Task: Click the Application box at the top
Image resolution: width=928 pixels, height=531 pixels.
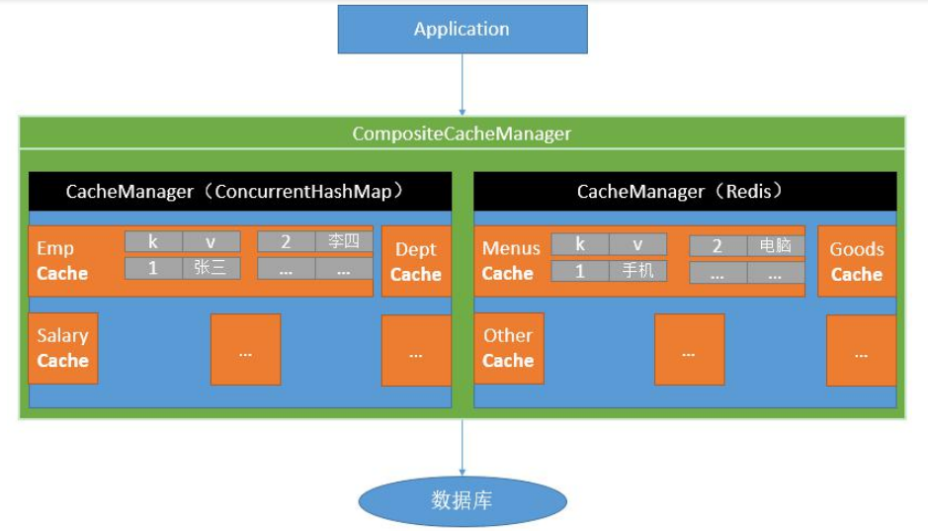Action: [x=462, y=30]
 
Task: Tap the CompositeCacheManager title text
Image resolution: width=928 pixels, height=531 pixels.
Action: [x=462, y=133]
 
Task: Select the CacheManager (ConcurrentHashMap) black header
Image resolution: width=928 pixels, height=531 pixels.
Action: [x=240, y=192]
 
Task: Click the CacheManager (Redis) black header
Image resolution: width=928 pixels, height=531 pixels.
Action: [x=685, y=192]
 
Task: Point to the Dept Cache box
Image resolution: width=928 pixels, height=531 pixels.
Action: [x=416, y=262]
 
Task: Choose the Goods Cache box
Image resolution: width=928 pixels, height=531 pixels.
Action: [x=857, y=262]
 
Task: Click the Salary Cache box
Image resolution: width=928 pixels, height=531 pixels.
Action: [x=63, y=348]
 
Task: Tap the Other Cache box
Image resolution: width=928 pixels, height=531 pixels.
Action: [x=508, y=348]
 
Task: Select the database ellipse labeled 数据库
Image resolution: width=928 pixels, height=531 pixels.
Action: [x=462, y=500]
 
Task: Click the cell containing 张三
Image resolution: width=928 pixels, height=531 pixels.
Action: [x=211, y=268]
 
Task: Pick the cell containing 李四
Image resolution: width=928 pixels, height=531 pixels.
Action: [x=344, y=242]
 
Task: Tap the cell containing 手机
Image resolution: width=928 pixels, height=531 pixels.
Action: [x=637, y=270]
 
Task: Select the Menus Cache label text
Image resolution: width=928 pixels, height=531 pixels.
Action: [x=510, y=261]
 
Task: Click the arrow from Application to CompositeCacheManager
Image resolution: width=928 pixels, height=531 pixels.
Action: [x=462, y=84]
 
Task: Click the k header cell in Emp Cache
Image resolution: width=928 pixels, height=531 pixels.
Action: [x=152, y=242]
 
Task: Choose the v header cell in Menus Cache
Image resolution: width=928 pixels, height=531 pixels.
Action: [x=637, y=244]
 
